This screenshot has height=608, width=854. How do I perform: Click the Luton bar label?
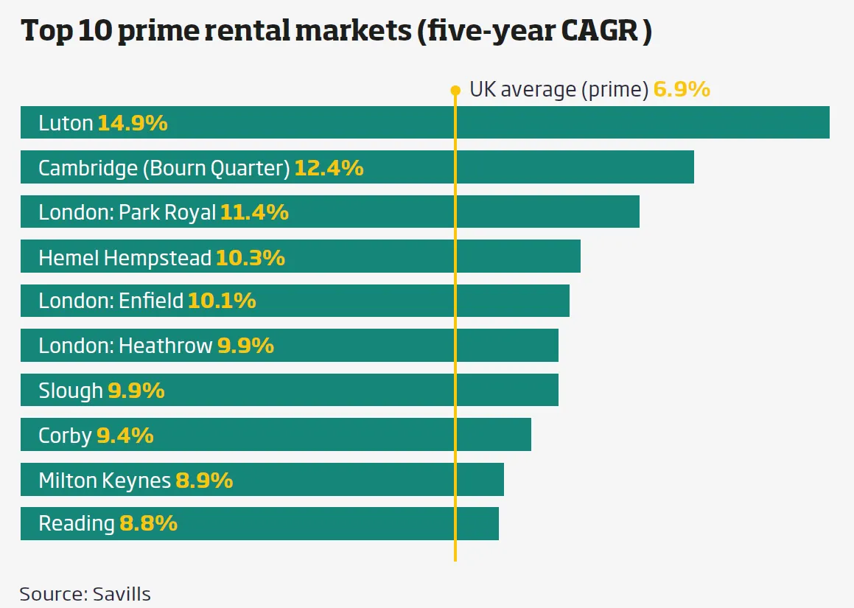(66, 123)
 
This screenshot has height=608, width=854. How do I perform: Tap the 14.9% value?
(133, 123)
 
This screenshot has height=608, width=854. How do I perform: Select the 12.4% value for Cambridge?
(329, 168)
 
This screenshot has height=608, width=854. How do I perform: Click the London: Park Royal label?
(127, 213)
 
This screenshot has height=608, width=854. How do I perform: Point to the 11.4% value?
(254, 213)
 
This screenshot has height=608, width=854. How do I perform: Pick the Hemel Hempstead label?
(125, 258)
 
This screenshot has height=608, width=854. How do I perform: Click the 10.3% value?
(250, 258)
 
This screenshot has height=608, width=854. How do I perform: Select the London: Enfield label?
(111, 301)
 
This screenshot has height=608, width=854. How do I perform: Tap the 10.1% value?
(222, 301)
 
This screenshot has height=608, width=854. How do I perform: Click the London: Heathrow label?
(125, 346)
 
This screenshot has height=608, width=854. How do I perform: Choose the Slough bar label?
(70, 391)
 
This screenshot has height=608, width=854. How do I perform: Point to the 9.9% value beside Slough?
(136, 391)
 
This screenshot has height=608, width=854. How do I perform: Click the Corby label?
(65, 436)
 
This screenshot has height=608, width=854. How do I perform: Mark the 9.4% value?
(125, 436)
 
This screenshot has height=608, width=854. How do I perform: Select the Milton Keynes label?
(104, 481)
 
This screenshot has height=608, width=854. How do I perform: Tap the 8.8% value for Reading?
(148, 523)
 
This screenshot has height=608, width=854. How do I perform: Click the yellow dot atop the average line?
(455, 91)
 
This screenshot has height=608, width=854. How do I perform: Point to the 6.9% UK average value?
(682, 90)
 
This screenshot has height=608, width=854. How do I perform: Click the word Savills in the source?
(122, 594)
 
